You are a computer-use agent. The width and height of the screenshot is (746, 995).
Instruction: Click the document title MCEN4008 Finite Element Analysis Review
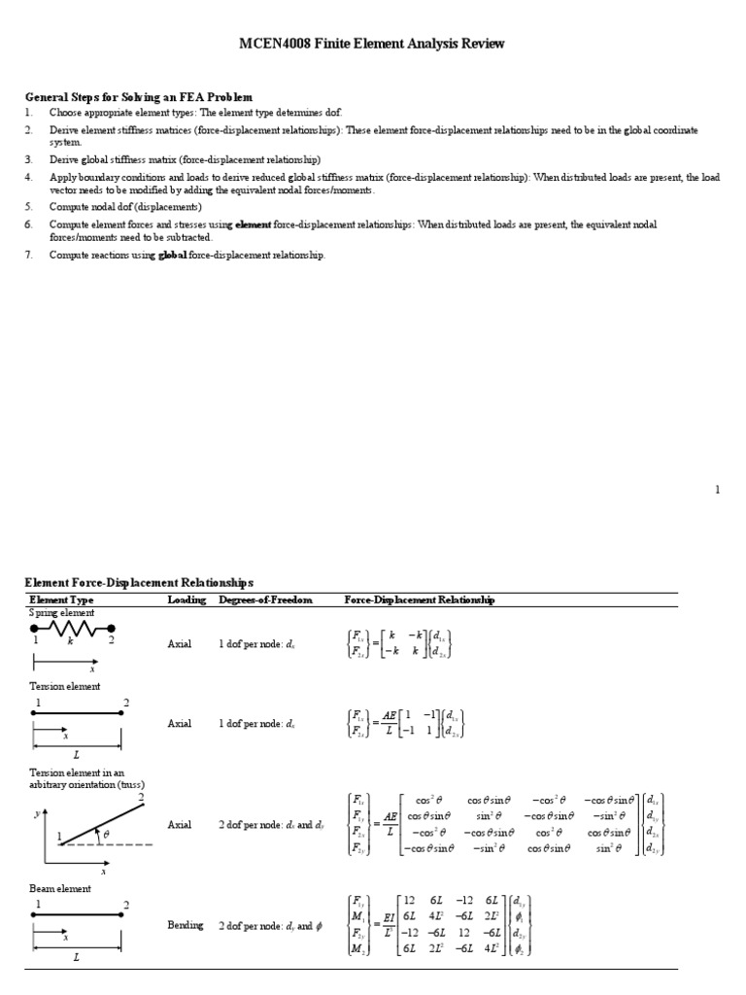point(372,45)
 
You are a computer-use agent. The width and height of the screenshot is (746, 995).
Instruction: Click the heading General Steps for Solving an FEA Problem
point(138,97)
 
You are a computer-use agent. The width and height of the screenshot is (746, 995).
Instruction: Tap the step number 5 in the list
point(29,207)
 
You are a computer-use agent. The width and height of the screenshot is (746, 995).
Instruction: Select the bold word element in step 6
point(253,224)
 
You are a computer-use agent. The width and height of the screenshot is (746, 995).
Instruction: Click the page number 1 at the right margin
point(718,491)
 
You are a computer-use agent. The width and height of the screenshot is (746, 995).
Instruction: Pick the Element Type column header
point(61,600)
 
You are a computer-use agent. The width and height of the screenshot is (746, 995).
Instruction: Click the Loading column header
point(186,600)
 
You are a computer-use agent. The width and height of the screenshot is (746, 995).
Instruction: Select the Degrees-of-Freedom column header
point(266,600)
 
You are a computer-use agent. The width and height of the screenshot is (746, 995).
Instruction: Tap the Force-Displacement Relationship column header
point(420,600)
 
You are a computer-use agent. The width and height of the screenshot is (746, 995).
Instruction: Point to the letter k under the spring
point(70,642)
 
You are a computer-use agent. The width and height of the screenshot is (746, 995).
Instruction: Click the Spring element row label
point(60,615)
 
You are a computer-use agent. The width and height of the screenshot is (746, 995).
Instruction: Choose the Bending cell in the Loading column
point(186,925)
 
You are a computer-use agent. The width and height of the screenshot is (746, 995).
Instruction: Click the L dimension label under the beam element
point(76,957)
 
